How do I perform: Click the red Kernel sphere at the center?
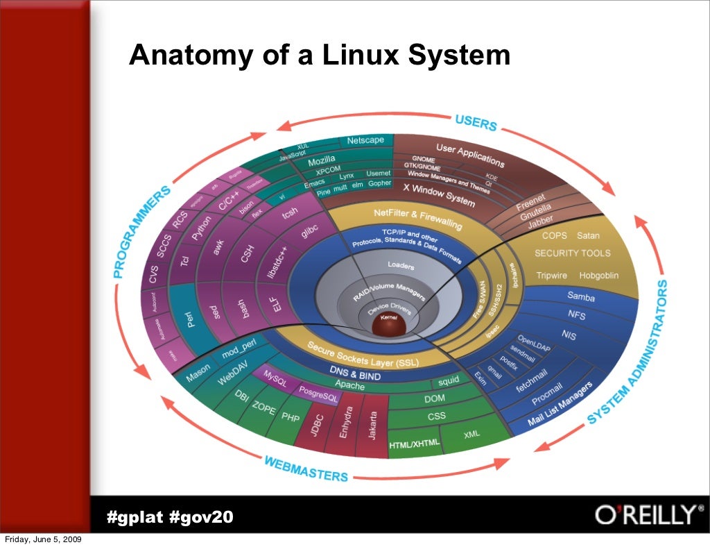point(387,323)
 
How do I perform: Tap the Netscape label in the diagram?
point(365,140)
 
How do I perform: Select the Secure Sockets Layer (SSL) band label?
point(363,355)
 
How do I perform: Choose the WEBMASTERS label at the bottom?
point(306,469)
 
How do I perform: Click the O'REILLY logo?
point(644,515)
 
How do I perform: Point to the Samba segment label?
point(581,296)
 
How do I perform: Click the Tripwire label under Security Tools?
point(551,276)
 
